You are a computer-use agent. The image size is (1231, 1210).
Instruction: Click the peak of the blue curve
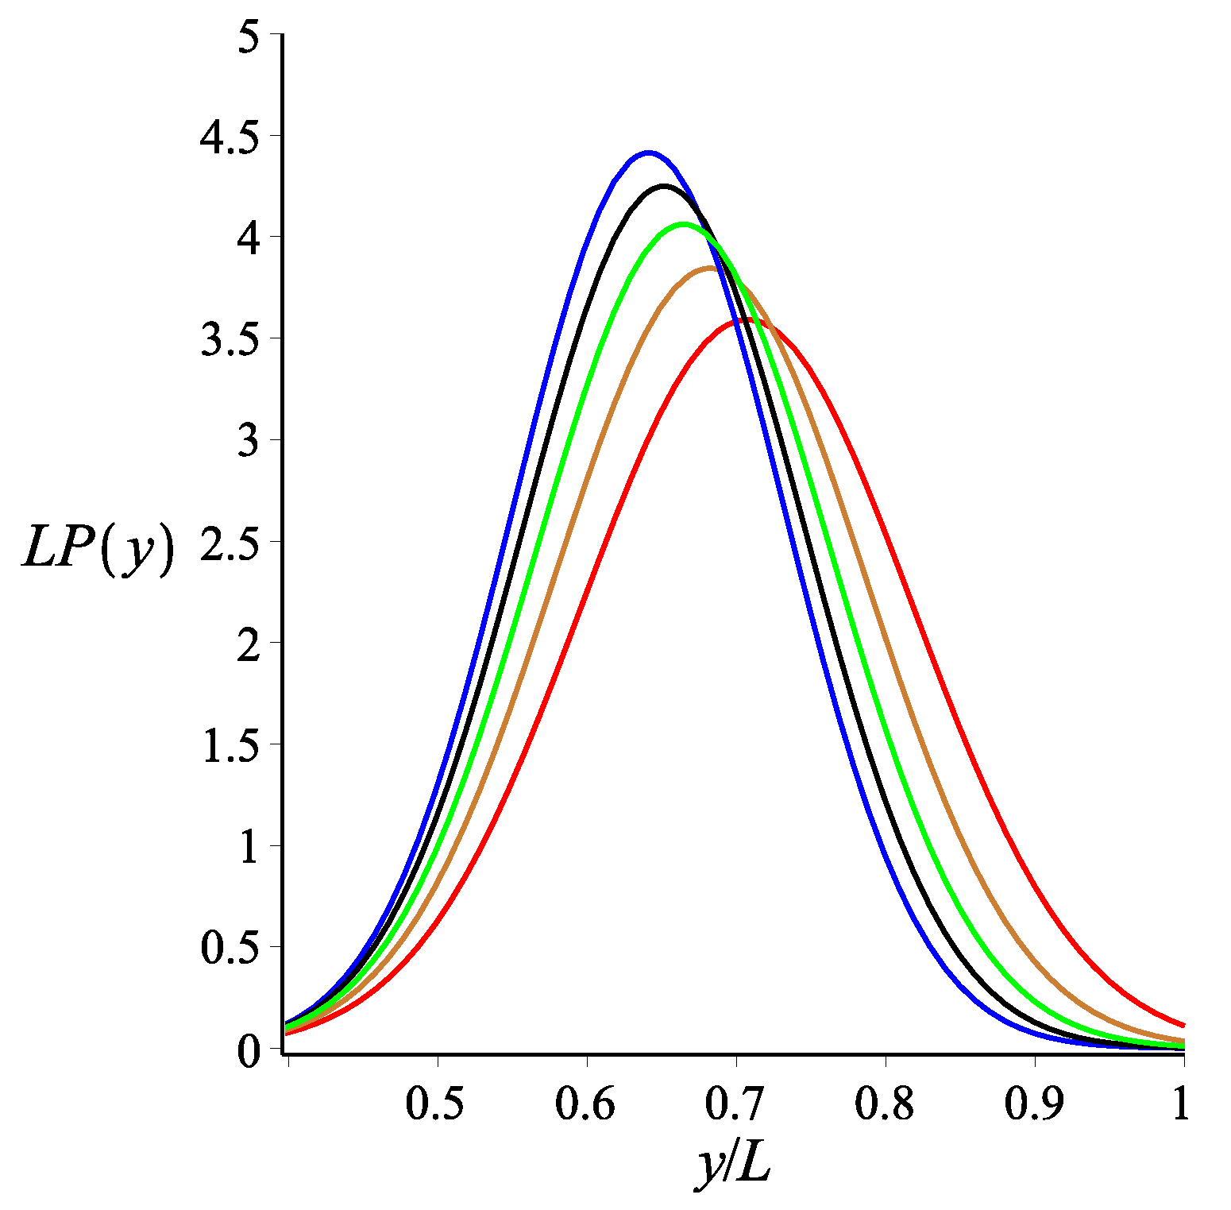[649, 153]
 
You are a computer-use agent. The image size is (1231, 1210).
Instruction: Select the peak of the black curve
[665, 186]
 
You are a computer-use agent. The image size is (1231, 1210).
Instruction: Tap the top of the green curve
[684, 224]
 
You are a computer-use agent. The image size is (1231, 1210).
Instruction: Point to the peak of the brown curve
[711, 269]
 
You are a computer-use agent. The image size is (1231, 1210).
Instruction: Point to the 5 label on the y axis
[249, 37]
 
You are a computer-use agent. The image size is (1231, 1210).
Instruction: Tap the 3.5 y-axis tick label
[230, 341]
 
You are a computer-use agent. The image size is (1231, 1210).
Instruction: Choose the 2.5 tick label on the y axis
[230, 544]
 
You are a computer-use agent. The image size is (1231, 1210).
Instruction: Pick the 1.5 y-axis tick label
[230, 747]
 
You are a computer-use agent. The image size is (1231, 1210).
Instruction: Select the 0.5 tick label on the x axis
[435, 1104]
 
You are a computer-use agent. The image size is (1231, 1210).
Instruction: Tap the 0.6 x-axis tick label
[585, 1104]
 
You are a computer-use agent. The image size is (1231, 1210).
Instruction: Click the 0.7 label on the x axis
[735, 1104]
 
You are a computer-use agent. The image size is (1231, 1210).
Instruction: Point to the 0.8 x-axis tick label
[884, 1104]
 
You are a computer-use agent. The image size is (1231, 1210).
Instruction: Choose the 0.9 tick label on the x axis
[1033, 1104]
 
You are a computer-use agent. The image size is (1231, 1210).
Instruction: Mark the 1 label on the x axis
[1181, 1104]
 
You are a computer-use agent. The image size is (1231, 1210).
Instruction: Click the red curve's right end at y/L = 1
[1183, 1025]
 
